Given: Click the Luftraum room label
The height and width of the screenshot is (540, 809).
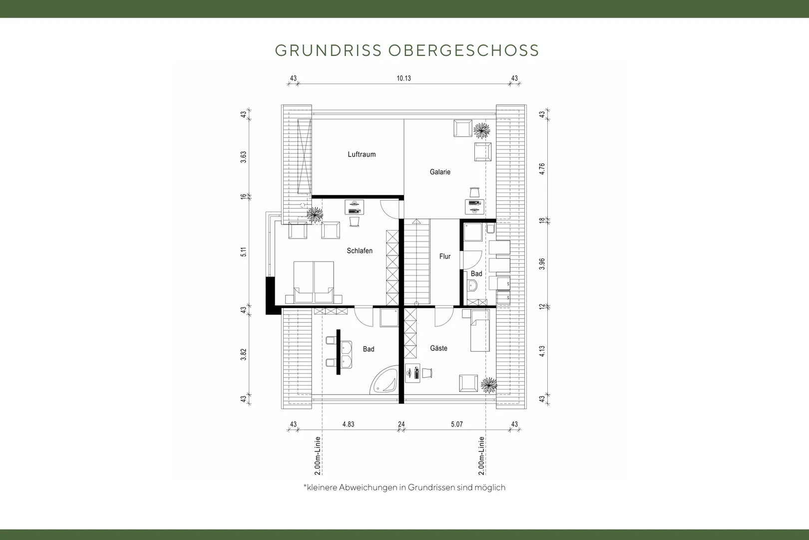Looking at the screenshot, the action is click(x=362, y=154).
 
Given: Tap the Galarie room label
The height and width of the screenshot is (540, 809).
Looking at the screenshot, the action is click(x=440, y=172).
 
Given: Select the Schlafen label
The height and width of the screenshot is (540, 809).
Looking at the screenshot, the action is click(x=360, y=250).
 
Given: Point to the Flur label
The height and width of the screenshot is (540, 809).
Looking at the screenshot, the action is click(x=444, y=256).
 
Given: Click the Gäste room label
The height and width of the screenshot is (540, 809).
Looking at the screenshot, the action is click(x=438, y=348).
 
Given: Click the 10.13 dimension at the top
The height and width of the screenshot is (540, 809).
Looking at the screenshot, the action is click(x=404, y=78).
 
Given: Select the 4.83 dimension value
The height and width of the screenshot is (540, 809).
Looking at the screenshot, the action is click(x=348, y=424).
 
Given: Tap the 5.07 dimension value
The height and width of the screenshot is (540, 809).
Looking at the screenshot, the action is click(x=456, y=424).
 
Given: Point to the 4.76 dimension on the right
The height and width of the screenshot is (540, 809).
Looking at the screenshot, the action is click(x=542, y=169).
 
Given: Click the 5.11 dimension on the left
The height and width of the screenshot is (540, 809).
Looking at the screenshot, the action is click(x=243, y=252).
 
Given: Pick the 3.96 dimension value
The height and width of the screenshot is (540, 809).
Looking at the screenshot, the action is click(x=542, y=263).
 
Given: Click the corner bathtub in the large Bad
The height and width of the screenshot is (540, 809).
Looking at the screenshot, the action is click(x=385, y=380).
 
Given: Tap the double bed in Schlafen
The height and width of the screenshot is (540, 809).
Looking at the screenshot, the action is click(x=314, y=282).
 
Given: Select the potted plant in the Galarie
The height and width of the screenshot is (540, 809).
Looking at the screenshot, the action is click(x=482, y=130).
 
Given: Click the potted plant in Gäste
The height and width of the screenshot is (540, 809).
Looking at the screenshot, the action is click(x=489, y=385).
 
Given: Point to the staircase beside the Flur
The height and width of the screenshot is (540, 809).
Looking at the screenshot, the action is click(x=417, y=262).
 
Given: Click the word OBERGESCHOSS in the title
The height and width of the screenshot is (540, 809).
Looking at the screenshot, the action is click(x=464, y=50).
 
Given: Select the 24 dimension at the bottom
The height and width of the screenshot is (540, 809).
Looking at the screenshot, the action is click(x=401, y=424).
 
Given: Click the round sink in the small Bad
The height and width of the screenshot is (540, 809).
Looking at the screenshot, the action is click(x=472, y=286).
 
